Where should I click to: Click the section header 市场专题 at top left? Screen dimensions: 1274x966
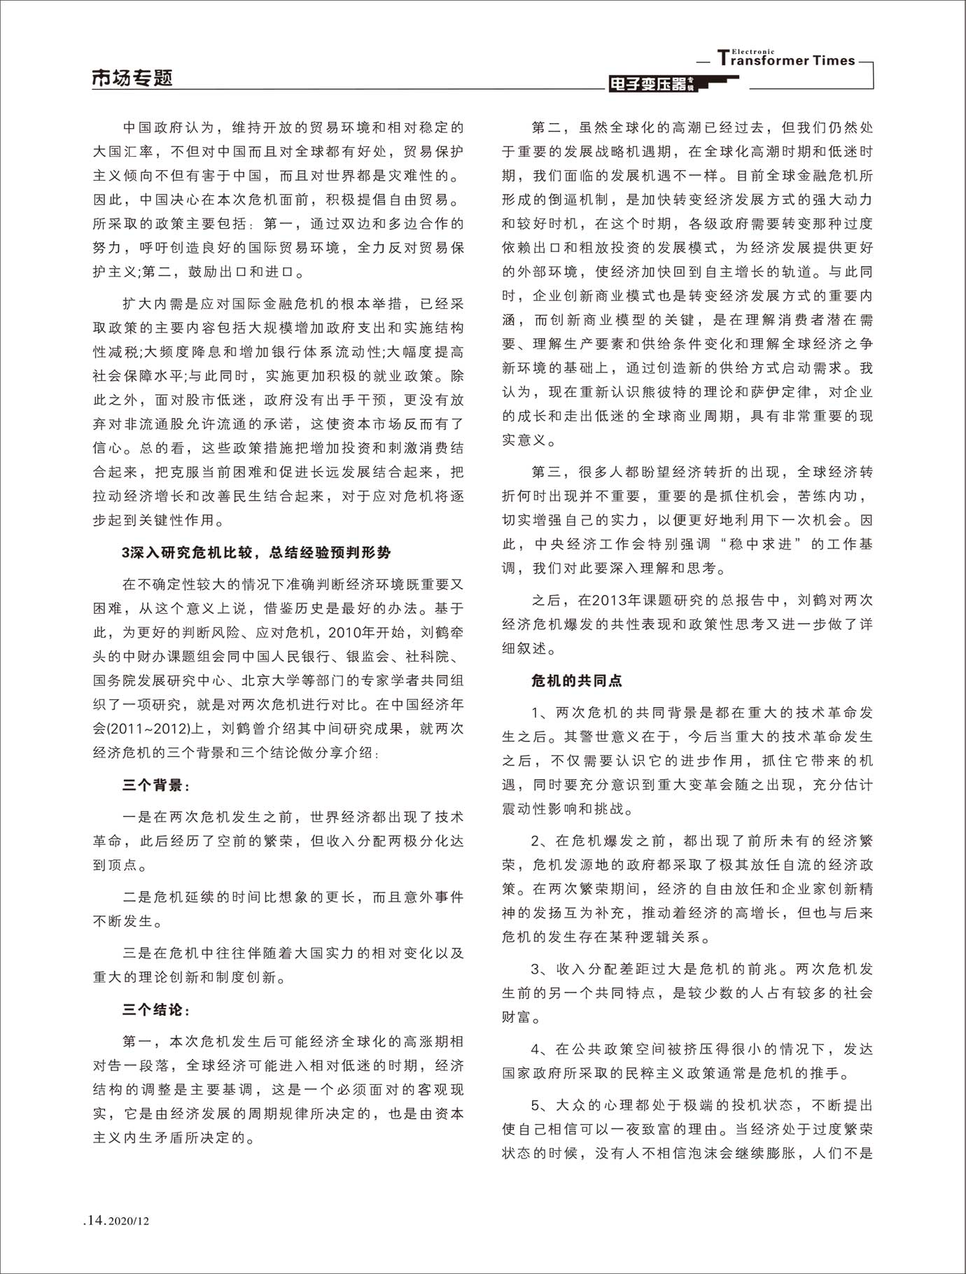tap(132, 78)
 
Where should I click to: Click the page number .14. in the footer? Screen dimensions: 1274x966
tap(94, 1220)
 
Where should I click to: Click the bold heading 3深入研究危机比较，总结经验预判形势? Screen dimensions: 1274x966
tap(256, 552)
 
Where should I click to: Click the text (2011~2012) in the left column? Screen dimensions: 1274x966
tap(149, 729)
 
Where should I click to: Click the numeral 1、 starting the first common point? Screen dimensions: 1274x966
tap(541, 713)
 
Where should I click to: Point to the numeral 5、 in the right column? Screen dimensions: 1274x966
tap(541, 1105)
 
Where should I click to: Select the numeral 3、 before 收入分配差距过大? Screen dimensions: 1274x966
tap(541, 969)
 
